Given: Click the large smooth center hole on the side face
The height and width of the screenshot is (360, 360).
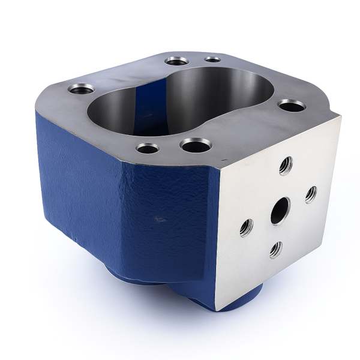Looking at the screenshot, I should click(280, 211).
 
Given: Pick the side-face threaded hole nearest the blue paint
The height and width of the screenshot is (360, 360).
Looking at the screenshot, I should click(247, 227).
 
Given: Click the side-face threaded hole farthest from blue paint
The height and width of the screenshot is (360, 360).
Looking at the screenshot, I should click(311, 194).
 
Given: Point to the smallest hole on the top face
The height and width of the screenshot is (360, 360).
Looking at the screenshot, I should click(212, 59).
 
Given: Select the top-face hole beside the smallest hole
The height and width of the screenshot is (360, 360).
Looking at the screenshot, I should click(176, 61).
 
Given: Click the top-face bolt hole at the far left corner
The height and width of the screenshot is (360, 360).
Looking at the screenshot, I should click(81, 89).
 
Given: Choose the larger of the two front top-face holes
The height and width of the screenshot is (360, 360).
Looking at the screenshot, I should click(196, 145).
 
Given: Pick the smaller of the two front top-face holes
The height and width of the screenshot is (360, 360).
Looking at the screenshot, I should click(148, 147).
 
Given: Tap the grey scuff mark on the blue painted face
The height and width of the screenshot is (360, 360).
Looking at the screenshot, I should click(159, 219).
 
